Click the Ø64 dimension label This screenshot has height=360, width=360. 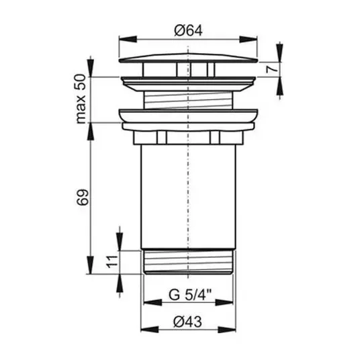[x=188, y=30]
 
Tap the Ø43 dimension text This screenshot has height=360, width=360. [x=187, y=322]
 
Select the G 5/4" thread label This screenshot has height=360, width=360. [x=190, y=295]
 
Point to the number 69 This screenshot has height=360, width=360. [x=82, y=197]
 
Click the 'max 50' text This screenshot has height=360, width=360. [x=81, y=99]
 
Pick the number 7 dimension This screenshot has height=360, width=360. [x=271, y=69]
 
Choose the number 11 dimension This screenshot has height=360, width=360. [x=112, y=261]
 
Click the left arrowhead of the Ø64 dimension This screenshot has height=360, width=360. [x=128, y=39]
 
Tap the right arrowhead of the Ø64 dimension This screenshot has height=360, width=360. [x=249, y=39]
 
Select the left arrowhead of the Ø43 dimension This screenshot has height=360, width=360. [x=150, y=330]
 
